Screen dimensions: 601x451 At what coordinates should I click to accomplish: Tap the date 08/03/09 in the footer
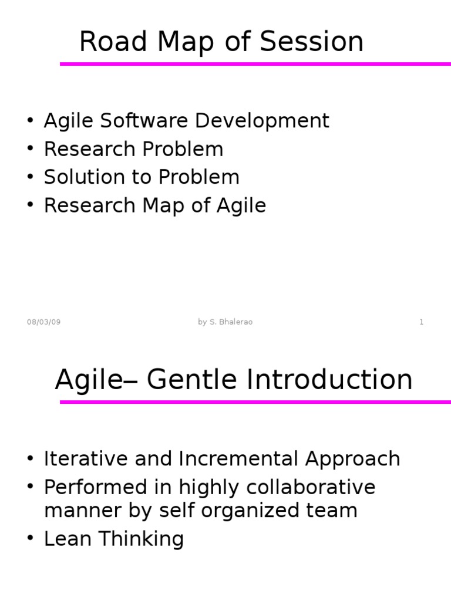[43, 322]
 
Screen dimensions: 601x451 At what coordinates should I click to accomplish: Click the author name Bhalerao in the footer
[235, 322]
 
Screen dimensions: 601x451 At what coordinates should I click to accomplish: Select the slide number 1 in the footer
[421, 322]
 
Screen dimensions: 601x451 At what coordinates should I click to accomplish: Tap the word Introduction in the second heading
[329, 380]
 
